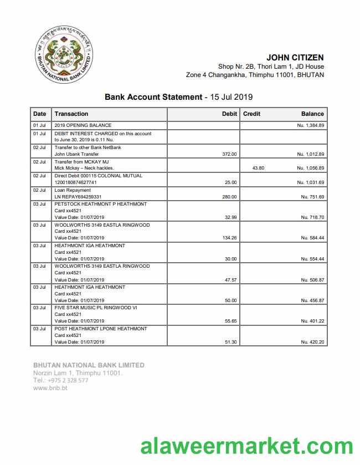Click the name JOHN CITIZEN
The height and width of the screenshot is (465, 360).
(295, 57)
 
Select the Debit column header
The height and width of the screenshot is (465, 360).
(229, 114)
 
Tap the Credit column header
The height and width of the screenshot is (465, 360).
(251, 114)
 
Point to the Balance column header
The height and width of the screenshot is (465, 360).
(312, 114)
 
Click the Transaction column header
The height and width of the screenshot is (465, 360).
(71, 114)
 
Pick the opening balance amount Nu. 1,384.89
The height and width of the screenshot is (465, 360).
(310, 126)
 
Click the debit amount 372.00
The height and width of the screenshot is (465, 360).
(229, 154)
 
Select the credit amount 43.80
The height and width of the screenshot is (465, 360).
(258, 168)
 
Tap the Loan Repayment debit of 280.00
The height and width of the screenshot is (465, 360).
(229, 197)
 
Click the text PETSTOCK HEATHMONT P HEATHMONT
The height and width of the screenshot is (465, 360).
(101, 204)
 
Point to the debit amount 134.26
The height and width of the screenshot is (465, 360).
(229, 238)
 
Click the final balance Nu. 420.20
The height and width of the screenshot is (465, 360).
(312, 342)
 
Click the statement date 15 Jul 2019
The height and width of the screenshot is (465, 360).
(231, 97)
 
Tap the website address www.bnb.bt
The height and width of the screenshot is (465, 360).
(50, 388)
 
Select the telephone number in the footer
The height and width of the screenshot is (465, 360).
(60, 380)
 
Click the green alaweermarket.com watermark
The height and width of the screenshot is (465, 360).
(246, 446)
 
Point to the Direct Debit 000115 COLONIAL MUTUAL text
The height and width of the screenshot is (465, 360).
(99, 176)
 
